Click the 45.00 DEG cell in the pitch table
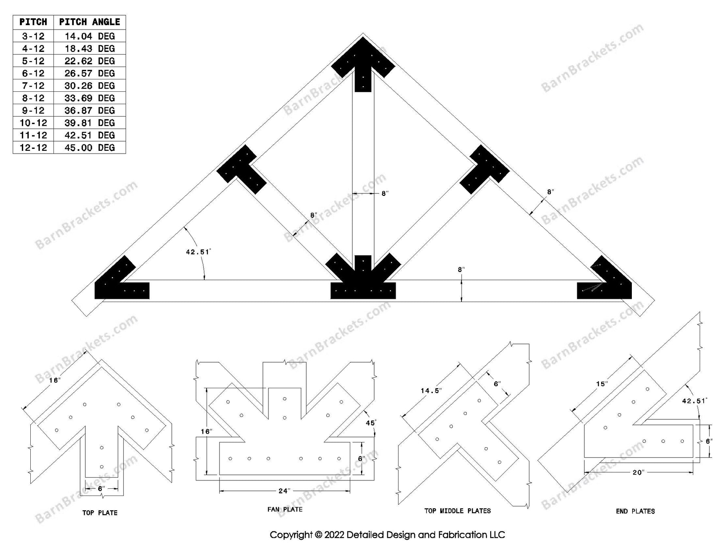tap(89, 148)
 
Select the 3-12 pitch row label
tap(33, 36)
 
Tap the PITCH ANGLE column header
tap(89, 22)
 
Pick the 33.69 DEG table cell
tap(89, 98)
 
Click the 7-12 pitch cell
tap(33, 86)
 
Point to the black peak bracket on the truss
tap(363, 64)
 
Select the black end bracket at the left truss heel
tap(120, 281)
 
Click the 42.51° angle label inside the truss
tap(198, 252)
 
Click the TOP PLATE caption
tap(100, 513)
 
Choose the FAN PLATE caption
tap(285, 510)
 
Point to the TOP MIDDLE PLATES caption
tap(458, 511)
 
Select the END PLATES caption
tap(635, 511)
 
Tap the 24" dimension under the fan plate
tap(284, 491)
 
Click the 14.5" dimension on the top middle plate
tap(431, 391)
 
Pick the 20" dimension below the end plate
tap(638, 473)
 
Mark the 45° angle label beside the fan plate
tap(371, 423)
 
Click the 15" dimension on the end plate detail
tap(602, 384)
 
